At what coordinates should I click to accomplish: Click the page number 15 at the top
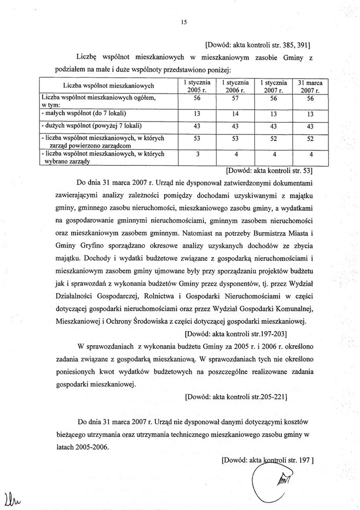pos(184,21)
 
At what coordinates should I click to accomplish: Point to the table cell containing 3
pos(198,153)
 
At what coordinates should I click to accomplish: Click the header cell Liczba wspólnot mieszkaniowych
pos(109,85)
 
